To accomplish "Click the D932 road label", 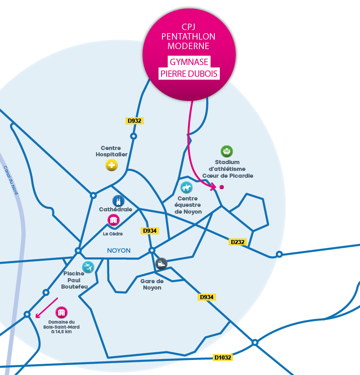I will [134, 121].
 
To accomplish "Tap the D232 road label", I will [238, 242].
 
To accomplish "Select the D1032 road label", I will [223, 358].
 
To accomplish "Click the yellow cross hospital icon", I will [112, 165].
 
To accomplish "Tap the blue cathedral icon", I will [118, 201].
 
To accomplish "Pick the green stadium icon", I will [227, 151].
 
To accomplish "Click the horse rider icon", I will [187, 187].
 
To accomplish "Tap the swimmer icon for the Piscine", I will [88, 267].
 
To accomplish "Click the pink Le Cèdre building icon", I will [113, 220].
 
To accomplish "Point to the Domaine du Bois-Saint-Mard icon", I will [61, 312].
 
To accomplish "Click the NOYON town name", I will [119, 250].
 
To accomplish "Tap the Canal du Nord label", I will [11, 180].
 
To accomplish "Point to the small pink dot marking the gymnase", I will [222, 187].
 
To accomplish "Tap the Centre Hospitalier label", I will [111, 151].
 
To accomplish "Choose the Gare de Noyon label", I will [152, 284].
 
